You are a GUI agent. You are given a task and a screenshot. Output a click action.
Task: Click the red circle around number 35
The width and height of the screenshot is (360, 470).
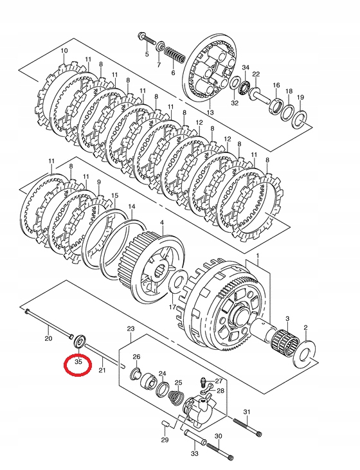(78, 364)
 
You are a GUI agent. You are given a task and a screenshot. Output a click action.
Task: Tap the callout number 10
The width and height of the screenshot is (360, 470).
(64, 51)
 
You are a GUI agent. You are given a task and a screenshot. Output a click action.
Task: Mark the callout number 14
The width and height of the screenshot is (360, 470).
(131, 208)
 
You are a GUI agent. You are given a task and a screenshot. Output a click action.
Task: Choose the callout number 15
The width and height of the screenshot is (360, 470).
(114, 195)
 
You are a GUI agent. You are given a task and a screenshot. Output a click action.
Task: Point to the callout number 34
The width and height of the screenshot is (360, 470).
(246, 68)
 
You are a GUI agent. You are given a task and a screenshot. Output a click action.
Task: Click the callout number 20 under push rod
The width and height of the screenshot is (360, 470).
(48, 338)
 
